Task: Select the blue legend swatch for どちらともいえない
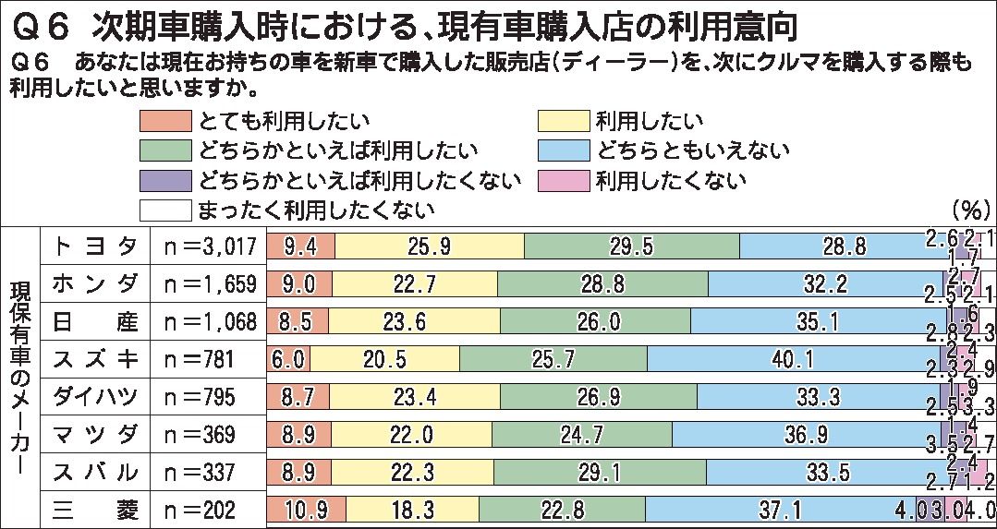(563, 150)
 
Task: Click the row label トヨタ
(95, 246)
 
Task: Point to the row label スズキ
(95, 358)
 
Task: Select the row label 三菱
(95, 509)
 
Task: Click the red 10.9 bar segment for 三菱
(305, 509)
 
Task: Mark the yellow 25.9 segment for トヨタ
(429, 246)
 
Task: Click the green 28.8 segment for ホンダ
(602, 283)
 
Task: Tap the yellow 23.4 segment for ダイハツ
(416, 396)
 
